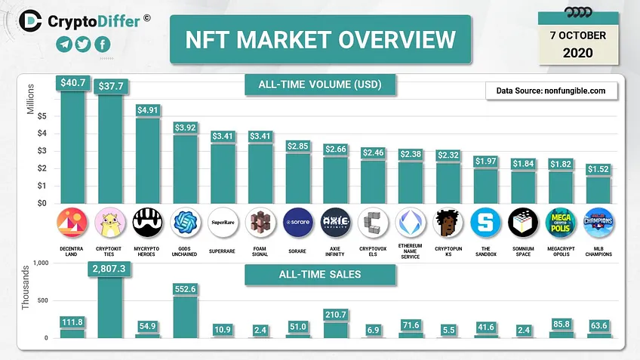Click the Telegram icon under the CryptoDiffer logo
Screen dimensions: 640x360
coord(64,44)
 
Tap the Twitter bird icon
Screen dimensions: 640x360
coord(83,44)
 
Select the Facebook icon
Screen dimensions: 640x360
coord(103,44)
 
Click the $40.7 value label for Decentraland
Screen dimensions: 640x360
coord(73,83)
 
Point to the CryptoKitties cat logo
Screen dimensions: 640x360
coord(109,223)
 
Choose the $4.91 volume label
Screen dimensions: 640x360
coord(147,110)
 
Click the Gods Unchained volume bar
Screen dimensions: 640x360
coord(185,169)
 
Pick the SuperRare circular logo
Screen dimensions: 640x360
coord(223,223)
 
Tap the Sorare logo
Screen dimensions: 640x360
coord(298,223)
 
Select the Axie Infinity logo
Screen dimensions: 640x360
coord(336,223)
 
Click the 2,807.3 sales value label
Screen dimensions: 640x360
coord(109,269)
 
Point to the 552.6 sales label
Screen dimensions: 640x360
coord(186,289)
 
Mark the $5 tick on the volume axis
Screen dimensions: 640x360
coord(42,116)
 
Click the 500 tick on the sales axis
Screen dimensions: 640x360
coord(42,300)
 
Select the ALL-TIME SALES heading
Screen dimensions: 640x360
coord(320,274)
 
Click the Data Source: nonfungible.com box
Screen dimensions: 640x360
coord(552,91)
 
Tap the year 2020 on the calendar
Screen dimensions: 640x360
coord(577,53)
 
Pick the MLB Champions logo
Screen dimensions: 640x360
coord(598,223)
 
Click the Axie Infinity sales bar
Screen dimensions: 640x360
coord(336,331)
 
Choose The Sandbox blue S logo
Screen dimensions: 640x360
coord(485,223)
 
